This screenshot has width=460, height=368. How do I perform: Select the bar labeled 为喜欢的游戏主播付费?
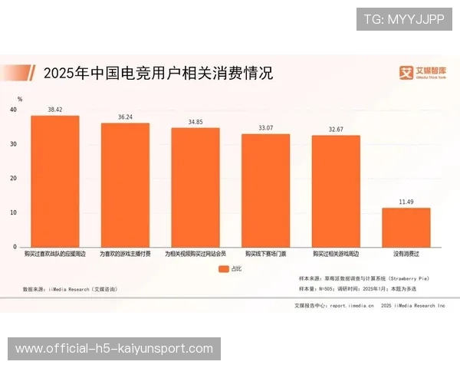point(125,185)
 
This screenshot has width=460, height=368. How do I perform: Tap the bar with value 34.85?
point(195,188)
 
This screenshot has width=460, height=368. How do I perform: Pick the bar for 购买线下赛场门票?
point(265,191)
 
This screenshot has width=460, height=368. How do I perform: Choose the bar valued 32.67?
point(336,192)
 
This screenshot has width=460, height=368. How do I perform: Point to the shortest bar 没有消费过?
point(406,228)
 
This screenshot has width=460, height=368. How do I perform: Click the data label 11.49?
point(406,202)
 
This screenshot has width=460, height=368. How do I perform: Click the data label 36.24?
point(125,117)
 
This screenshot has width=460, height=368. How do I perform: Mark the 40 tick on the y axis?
point(13,110)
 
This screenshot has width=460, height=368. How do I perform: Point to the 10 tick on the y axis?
point(13,213)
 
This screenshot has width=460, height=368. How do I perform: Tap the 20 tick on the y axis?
point(13,179)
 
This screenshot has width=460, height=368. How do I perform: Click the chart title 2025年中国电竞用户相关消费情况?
point(157,74)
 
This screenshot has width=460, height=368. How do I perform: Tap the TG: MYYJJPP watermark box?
point(403,18)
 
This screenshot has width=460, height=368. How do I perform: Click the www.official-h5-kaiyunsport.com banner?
point(113,349)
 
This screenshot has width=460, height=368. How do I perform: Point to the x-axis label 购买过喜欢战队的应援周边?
point(54,253)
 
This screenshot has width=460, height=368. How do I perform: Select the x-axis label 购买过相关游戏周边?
point(336,253)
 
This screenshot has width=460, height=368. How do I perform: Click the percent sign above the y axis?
point(20,99)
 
